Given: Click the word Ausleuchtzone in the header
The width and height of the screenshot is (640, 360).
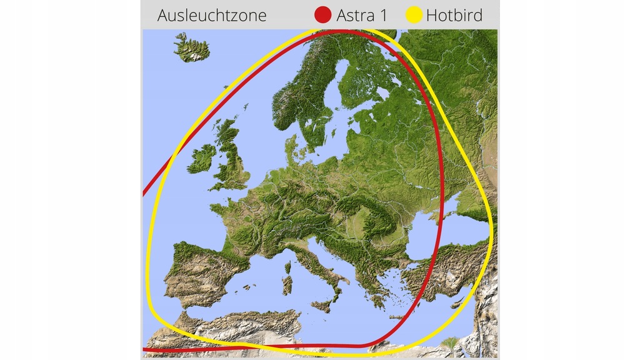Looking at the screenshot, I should point(211,15).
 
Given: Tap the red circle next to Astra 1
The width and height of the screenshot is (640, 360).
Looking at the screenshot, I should point(322,15).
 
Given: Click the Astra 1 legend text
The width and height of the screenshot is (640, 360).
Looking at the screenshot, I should point(361,15).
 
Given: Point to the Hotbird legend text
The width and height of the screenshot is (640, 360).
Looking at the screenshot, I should point(454,15).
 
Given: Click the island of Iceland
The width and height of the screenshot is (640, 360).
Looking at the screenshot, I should point(191,49).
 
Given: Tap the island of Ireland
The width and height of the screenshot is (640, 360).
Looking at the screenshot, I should point(202,159).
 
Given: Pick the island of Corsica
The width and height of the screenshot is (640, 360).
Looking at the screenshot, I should point(288,268).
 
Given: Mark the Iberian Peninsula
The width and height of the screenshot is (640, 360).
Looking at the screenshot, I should point(200,275).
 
